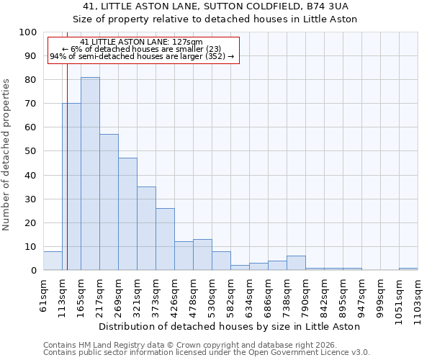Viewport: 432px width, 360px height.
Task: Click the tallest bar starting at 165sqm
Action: pyautogui.click(x=90, y=174)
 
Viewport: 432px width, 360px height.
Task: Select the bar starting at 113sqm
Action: pyautogui.click(x=71, y=186)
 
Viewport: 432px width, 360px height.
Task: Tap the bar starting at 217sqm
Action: pyautogui.click(x=109, y=202)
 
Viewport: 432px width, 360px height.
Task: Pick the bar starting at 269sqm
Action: pyautogui.click(x=127, y=214)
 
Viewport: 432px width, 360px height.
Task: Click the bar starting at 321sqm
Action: pyautogui.click(x=146, y=228)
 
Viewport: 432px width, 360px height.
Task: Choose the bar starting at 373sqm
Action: pyautogui.click(x=165, y=239)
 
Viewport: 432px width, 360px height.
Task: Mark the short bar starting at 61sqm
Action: pyautogui.click(x=53, y=261)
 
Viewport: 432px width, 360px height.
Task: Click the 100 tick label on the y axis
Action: pyautogui.click(x=27, y=32)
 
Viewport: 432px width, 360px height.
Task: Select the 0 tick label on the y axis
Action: pyautogui.click(x=33, y=271)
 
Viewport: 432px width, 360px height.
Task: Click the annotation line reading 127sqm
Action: pyautogui.click(x=142, y=42)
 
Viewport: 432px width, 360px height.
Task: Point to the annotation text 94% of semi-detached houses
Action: pyautogui.click(x=142, y=56)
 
